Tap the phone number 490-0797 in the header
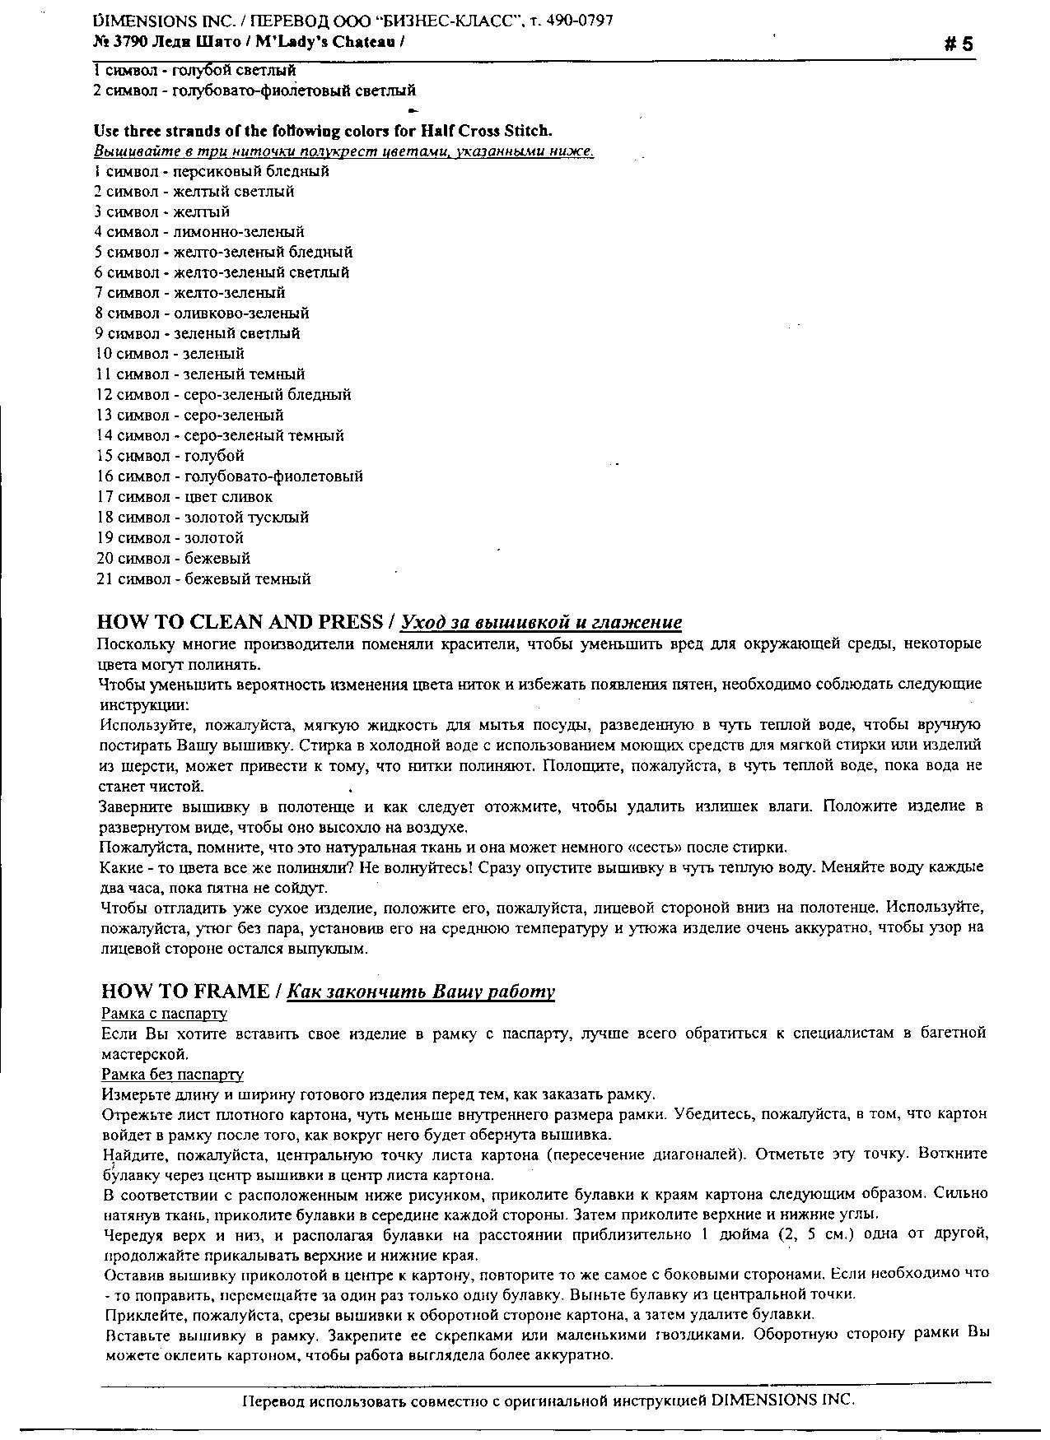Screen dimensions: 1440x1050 581,21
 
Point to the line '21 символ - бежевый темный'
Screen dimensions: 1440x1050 203,579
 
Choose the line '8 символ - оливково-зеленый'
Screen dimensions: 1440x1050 202,314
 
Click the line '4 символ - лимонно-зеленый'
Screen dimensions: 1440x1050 199,232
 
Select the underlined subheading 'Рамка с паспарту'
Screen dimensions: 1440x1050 164,1014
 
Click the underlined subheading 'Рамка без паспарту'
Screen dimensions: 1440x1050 172,1075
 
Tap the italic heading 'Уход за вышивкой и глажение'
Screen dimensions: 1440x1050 541,622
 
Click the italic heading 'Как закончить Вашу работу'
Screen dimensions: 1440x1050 421,992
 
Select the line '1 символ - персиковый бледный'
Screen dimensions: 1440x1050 212,171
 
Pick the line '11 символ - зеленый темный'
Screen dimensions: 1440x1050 200,374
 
